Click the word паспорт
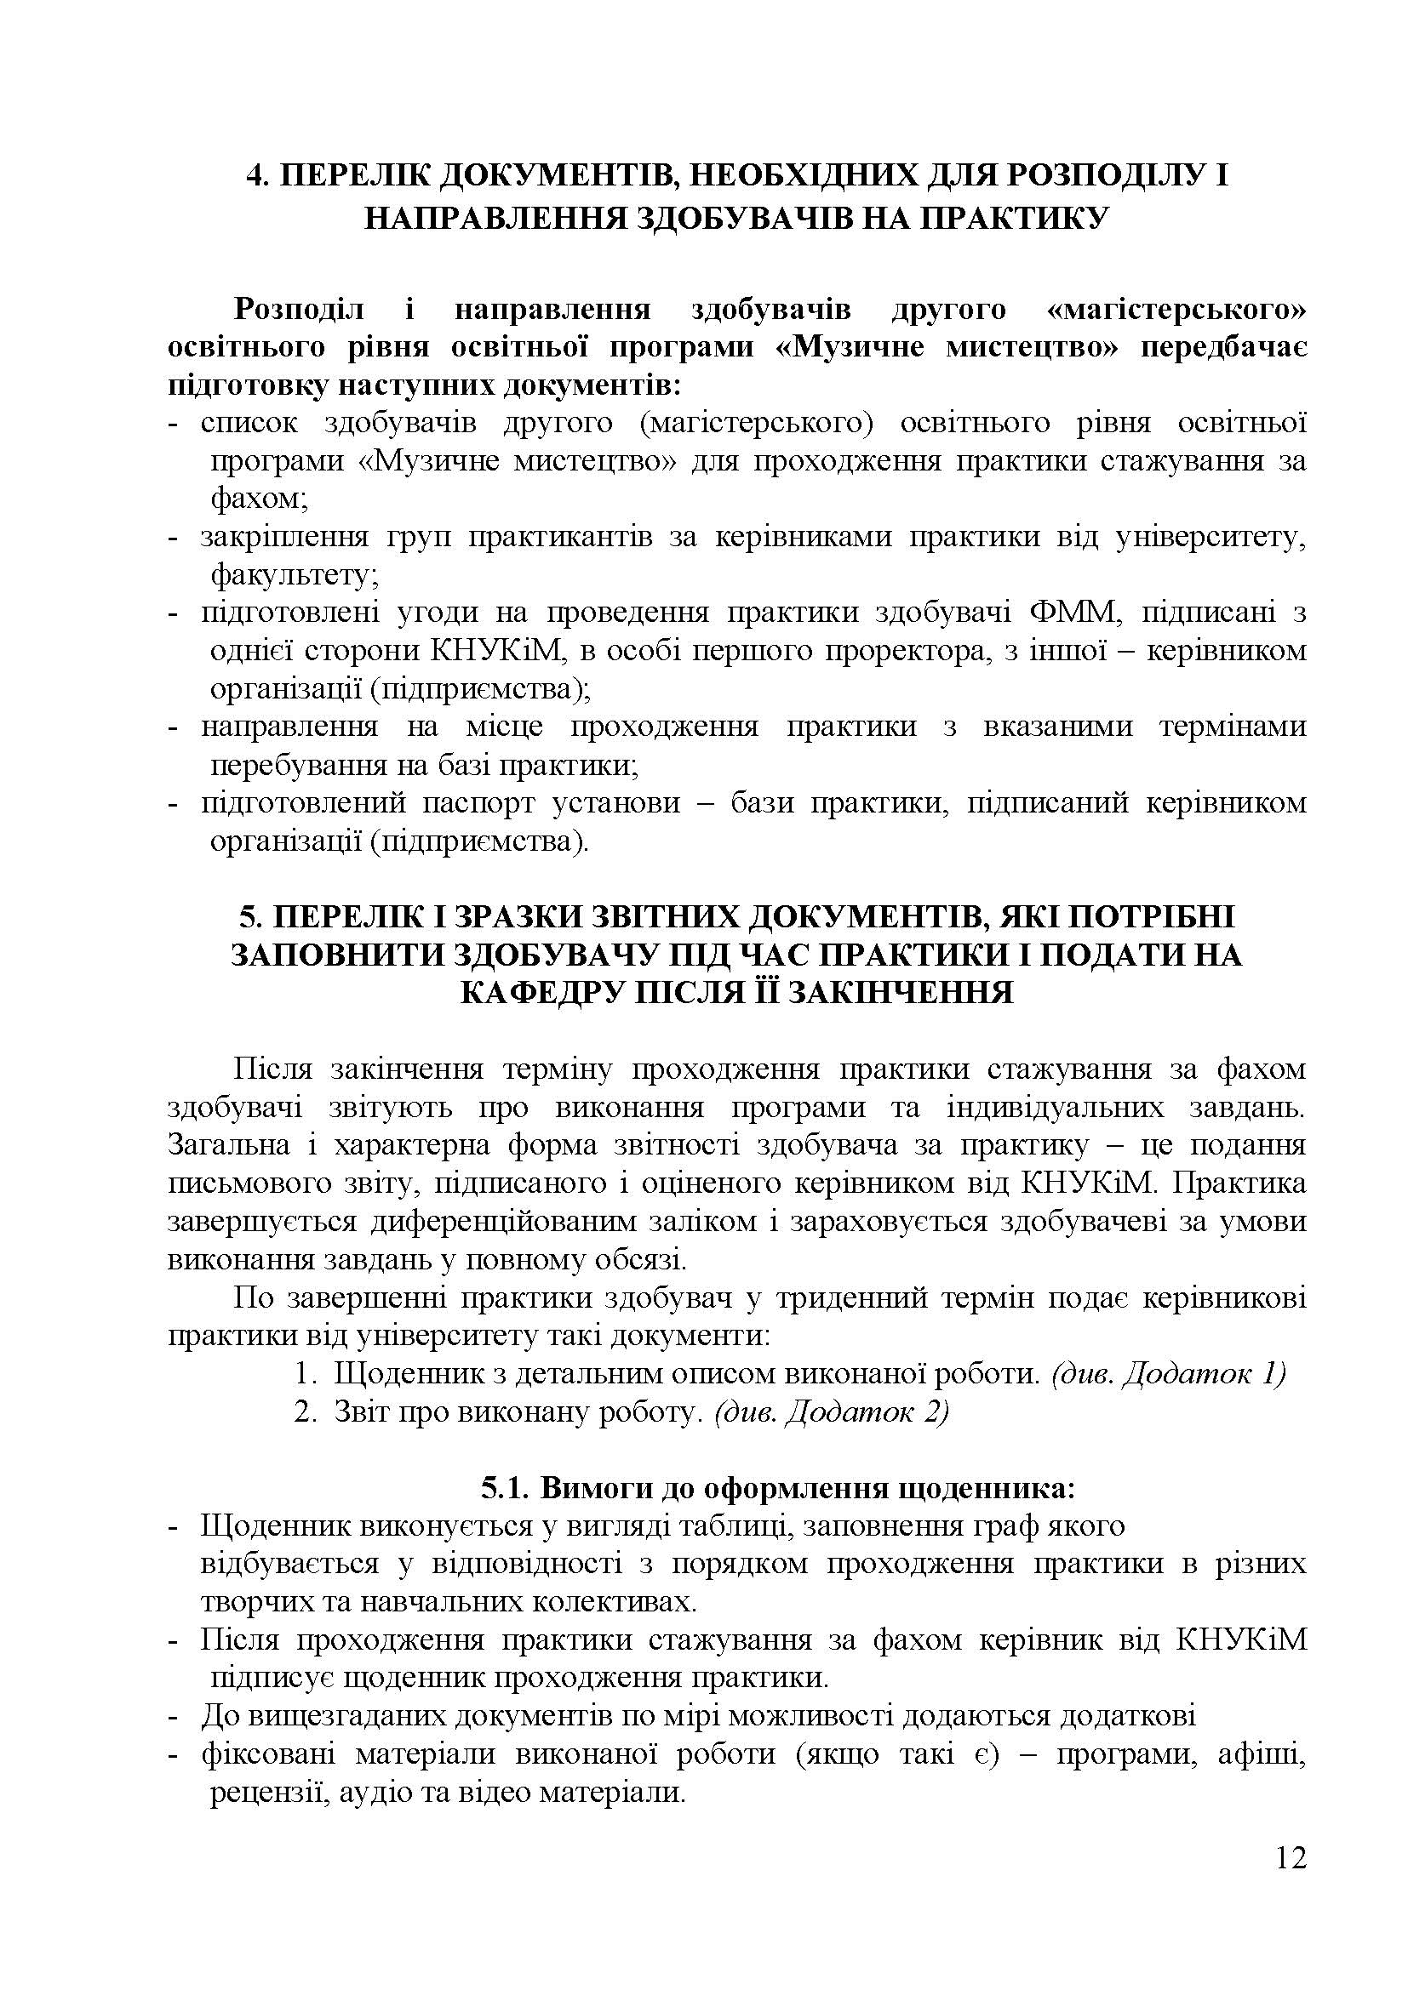click(x=478, y=802)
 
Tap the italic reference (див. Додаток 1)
click(x=1167, y=1375)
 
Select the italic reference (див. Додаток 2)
click(x=832, y=1413)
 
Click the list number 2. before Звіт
click(x=303, y=1413)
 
